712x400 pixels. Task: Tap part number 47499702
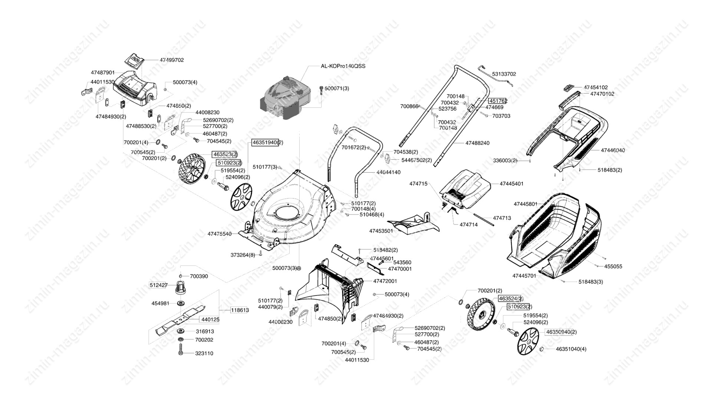coord(172,60)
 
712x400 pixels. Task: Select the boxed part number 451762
coord(498,101)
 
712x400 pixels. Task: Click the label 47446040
coord(613,150)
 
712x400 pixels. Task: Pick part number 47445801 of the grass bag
coord(525,204)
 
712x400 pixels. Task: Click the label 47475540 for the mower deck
coord(220,234)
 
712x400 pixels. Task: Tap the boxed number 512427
coord(159,285)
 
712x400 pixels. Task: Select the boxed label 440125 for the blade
coord(210,319)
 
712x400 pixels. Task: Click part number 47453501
coord(381,231)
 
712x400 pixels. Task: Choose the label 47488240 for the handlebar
coord(477,143)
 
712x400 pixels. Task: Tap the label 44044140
coord(388,173)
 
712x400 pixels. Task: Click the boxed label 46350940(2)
coord(561,332)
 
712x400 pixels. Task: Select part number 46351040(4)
coord(571,349)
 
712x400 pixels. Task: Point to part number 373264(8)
coord(243,255)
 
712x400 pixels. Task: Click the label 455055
coord(613,267)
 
